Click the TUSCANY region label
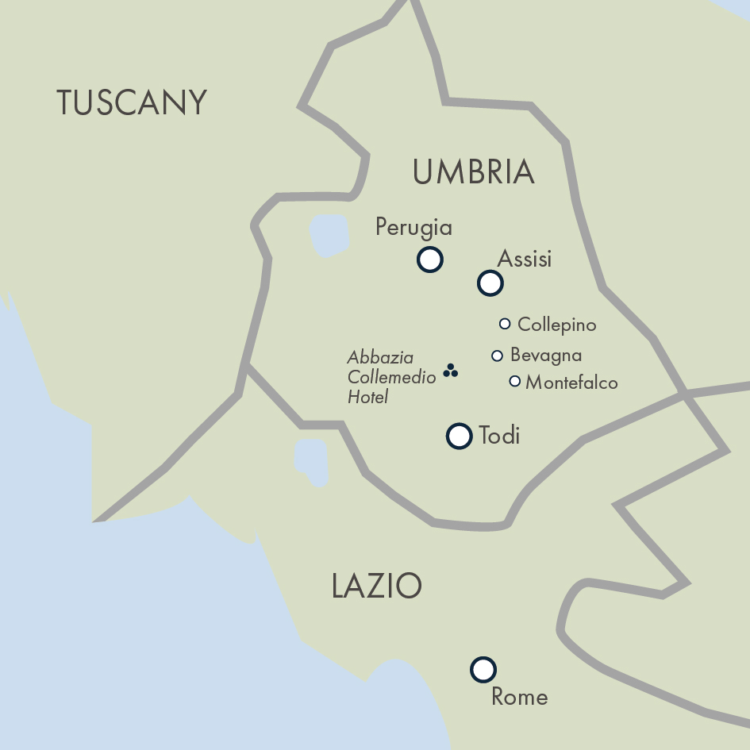[x=132, y=103]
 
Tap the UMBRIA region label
[x=473, y=172]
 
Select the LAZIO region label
[x=376, y=587]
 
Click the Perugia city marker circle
[x=430, y=260]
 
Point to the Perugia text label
[x=413, y=228]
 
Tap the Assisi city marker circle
[x=490, y=283]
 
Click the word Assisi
[x=524, y=259]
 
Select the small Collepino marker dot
[x=505, y=324]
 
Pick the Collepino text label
[x=556, y=325]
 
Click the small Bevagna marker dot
[x=498, y=356]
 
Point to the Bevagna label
[x=546, y=355]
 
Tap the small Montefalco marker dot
[x=514, y=382]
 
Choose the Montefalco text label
[x=571, y=383]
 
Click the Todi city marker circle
[x=460, y=436]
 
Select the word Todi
[x=499, y=436]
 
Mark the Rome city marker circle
[x=483, y=670]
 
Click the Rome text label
[x=520, y=697]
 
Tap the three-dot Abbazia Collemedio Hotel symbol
[x=451, y=371]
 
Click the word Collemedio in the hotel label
[x=392, y=378]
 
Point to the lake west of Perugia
[x=329, y=235]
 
